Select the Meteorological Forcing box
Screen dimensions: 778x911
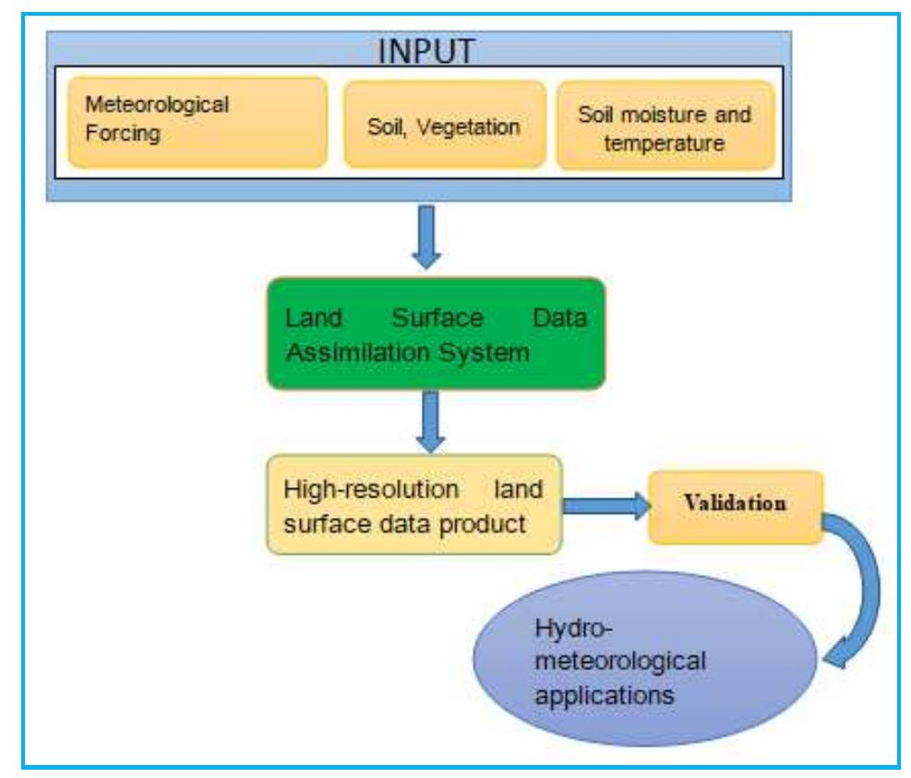coord(198,122)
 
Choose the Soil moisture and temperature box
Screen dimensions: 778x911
coord(665,127)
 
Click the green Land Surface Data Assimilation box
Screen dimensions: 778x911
coord(436,334)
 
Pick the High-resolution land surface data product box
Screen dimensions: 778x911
coord(414,504)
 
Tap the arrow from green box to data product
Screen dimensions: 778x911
coord(430,419)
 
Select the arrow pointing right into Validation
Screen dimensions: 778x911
coord(604,505)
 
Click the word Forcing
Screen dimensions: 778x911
coord(123,133)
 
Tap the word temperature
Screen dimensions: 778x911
coord(665,143)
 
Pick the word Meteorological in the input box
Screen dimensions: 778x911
coord(157,104)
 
